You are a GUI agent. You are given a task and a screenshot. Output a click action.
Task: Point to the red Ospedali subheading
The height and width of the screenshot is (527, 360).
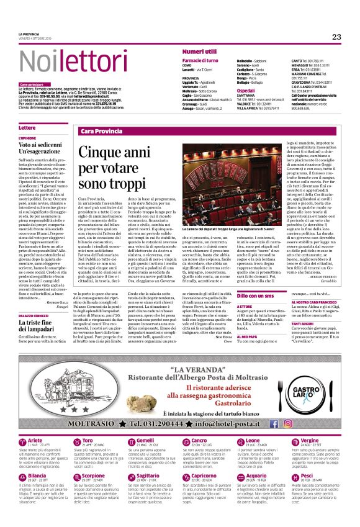click(246, 91)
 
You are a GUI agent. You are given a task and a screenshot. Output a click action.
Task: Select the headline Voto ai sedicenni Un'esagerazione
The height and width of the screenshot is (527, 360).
click(40, 147)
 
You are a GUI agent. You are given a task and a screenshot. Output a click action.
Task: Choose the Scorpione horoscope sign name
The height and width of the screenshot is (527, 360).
click(94, 457)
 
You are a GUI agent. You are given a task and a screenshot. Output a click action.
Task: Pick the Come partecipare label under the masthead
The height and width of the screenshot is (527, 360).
click(32, 84)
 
